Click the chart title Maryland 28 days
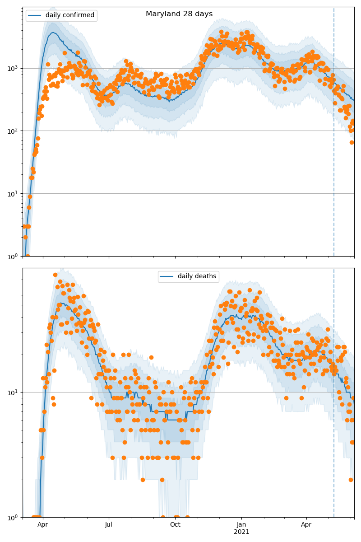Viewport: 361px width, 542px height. pyautogui.click(x=179, y=14)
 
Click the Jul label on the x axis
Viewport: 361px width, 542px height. pyautogui.click(x=109, y=525)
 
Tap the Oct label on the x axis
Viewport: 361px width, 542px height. pyautogui.click(x=175, y=525)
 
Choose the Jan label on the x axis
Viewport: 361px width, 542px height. pyautogui.click(x=241, y=525)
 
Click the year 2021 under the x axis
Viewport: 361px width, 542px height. pyautogui.click(x=241, y=532)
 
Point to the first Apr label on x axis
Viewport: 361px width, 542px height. pyautogui.click(x=43, y=525)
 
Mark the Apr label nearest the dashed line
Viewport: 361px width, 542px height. pyautogui.click(x=306, y=525)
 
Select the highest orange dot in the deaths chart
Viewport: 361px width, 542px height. pyautogui.click(x=55, y=275)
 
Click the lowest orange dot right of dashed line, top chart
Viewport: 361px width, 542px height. pyautogui.click(x=352, y=142)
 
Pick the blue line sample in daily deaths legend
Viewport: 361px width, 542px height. pyautogui.click(x=168, y=276)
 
